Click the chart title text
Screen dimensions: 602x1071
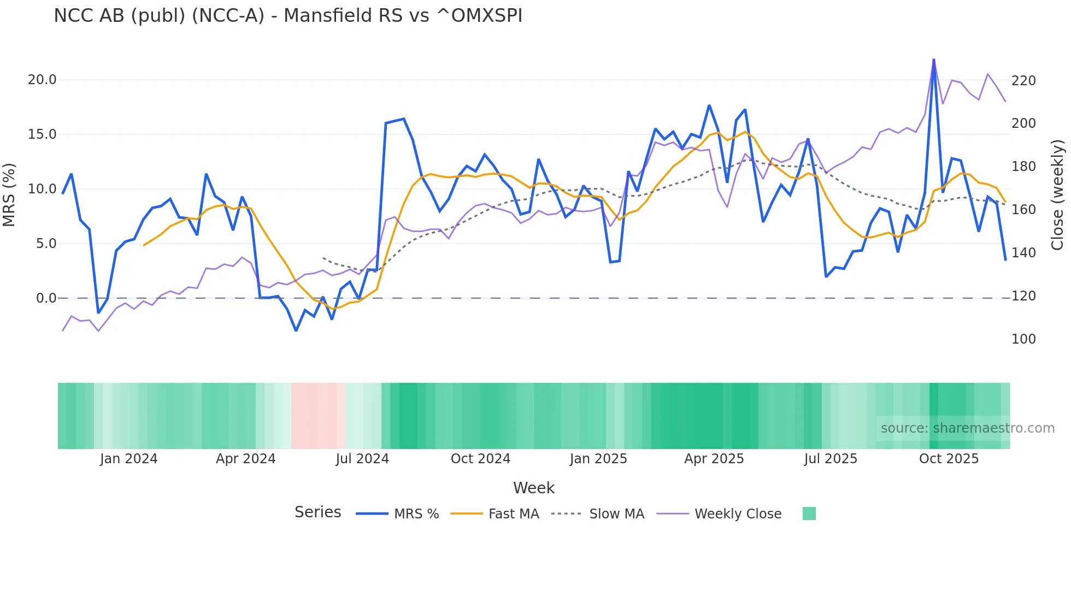tap(288, 16)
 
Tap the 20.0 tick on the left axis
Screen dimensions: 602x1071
tap(42, 80)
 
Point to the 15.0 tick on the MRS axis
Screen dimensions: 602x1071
tap(42, 134)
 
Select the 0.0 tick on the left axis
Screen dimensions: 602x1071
tap(46, 298)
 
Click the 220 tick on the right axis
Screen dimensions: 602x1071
tap(1023, 81)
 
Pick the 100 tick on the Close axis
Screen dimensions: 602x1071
tap(1023, 339)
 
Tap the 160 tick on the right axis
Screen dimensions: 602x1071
tap(1023, 210)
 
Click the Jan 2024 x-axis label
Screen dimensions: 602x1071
tap(128, 459)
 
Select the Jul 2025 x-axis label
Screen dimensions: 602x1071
tap(831, 459)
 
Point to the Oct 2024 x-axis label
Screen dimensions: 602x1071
tap(480, 459)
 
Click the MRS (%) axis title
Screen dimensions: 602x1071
tap(9, 194)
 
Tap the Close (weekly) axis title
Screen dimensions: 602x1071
tap(1058, 194)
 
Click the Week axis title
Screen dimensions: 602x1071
tap(534, 488)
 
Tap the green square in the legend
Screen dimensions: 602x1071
tap(809, 514)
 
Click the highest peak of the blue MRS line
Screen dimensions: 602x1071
tap(934, 60)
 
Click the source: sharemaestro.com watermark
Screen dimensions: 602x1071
tap(967, 428)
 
